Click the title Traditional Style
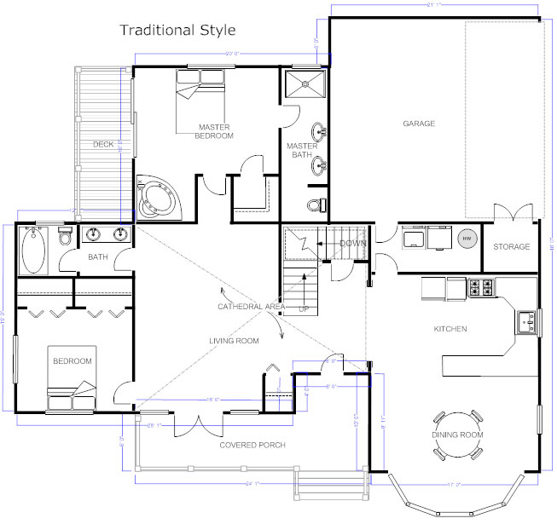[177, 31]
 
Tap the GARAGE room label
[419, 124]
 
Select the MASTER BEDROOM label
[214, 131]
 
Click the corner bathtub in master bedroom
[158, 198]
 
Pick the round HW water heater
[467, 240]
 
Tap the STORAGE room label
[512, 247]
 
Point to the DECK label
[103, 144]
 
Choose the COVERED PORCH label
[252, 445]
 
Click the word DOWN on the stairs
[352, 244]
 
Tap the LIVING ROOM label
[234, 341]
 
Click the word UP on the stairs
[304, 308]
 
